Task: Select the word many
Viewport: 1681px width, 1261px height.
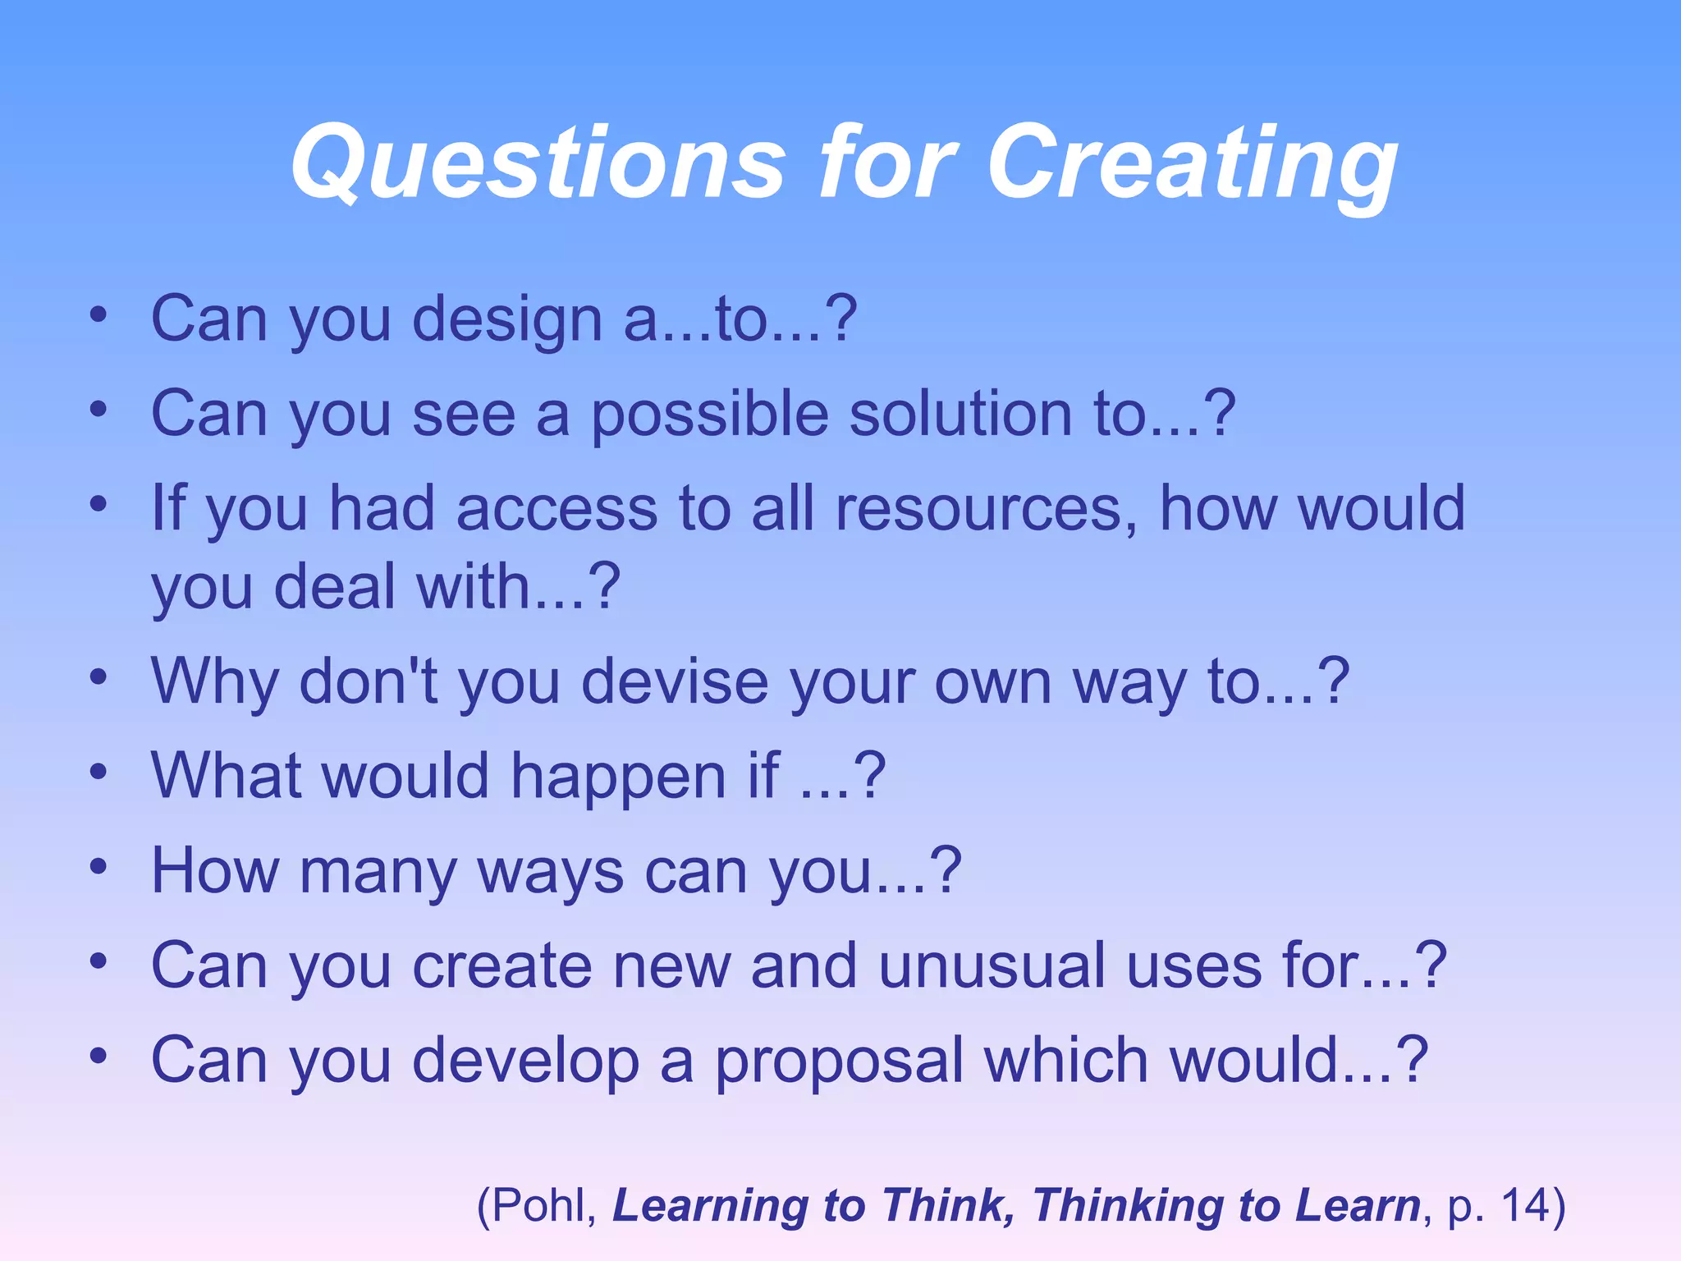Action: click(x=378, y=873)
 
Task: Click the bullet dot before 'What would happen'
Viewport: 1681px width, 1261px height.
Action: click(x=98, y=772)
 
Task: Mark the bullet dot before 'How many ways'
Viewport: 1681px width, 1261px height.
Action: click(x=98, y=866)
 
